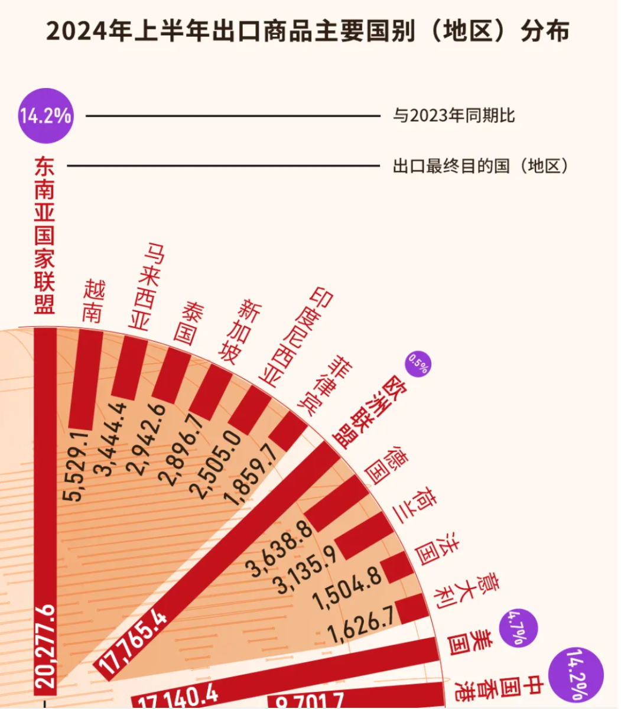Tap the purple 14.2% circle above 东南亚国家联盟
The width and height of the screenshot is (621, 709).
click(x=45, y=116)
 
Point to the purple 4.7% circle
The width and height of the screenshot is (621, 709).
click(x=518, y=628)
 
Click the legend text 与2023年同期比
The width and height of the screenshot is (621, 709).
click(x=454, y=115)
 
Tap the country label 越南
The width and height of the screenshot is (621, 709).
click(x=93, y=301)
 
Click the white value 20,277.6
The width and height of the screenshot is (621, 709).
click(x=45, y=645)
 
